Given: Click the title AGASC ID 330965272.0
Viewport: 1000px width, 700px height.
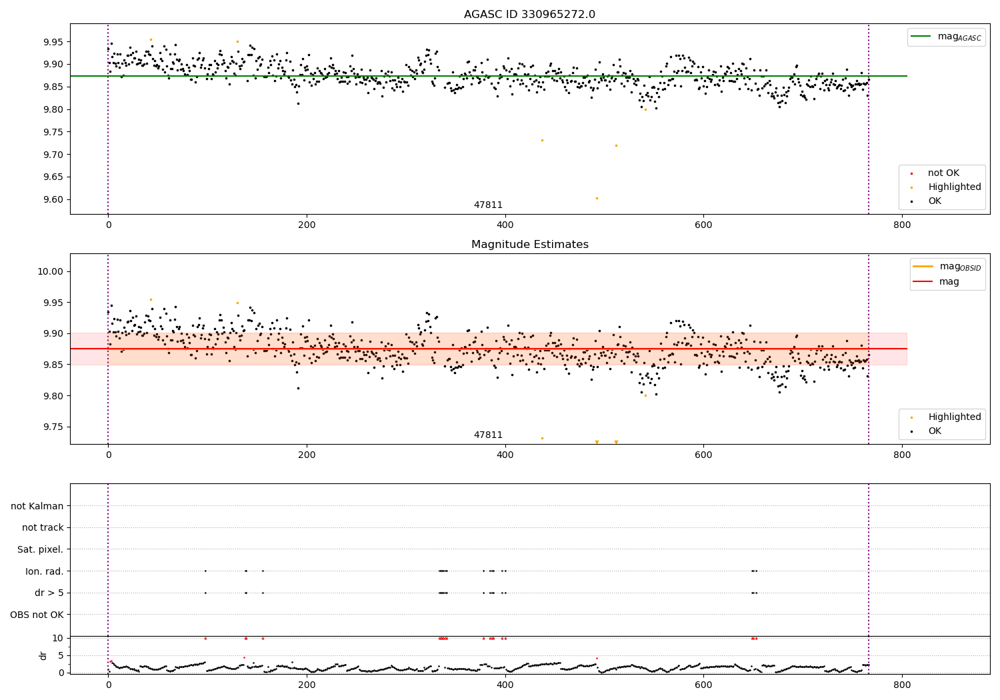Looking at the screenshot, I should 529,15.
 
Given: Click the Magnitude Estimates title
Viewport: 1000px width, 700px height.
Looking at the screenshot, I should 529,245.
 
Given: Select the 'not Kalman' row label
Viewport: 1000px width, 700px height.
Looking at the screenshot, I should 37,507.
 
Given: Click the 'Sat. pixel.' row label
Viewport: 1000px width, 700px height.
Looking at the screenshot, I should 40,550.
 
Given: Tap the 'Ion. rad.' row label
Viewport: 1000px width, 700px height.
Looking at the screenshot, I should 44,571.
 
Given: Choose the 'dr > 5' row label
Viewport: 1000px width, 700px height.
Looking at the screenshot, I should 49,593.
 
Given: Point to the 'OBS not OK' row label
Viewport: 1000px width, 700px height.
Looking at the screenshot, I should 37,615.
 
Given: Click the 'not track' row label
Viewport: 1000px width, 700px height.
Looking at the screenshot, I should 43,528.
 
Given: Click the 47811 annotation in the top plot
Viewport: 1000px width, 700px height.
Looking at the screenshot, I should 488,205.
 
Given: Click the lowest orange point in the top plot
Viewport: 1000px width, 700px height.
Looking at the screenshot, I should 597,198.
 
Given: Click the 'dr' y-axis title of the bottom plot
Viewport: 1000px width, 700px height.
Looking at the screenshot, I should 43,655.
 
